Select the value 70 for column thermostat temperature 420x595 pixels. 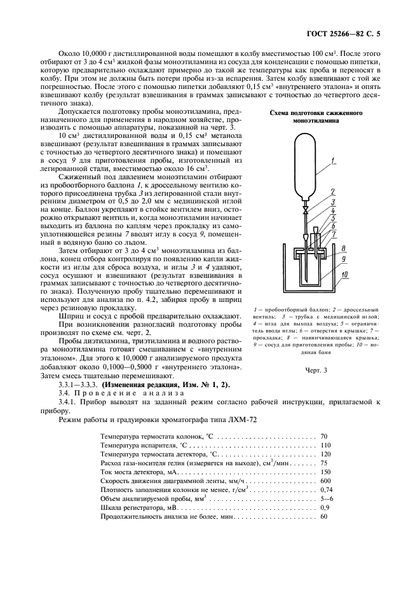(x=324, y=437)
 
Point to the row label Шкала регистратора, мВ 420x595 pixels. (x=144, y=508)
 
